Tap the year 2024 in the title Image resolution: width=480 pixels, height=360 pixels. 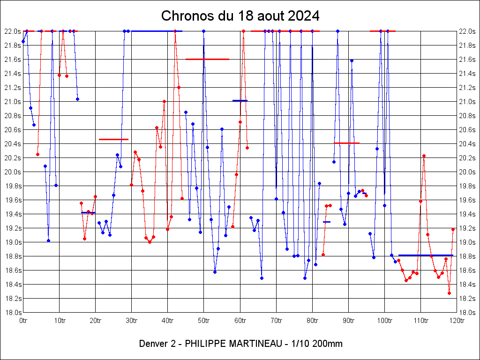[304, 16]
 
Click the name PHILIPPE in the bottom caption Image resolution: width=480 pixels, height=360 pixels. [206, 344]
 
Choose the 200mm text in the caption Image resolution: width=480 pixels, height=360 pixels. [329, 344]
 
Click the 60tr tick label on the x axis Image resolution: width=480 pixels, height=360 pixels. [240, 321]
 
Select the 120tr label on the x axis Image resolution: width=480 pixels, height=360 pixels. [457, 321]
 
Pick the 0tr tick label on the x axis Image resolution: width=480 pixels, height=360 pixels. [23, 321]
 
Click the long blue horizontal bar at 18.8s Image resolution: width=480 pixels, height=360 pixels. [426, 255]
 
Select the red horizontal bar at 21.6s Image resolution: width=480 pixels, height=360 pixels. [207, 59]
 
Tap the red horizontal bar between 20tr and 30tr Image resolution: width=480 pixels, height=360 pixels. [113, 139]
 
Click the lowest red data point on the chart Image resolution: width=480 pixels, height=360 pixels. [449, 293]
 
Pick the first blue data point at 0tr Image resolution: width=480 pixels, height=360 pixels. [23, 41]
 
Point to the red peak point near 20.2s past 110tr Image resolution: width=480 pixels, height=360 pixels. [424, 156]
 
